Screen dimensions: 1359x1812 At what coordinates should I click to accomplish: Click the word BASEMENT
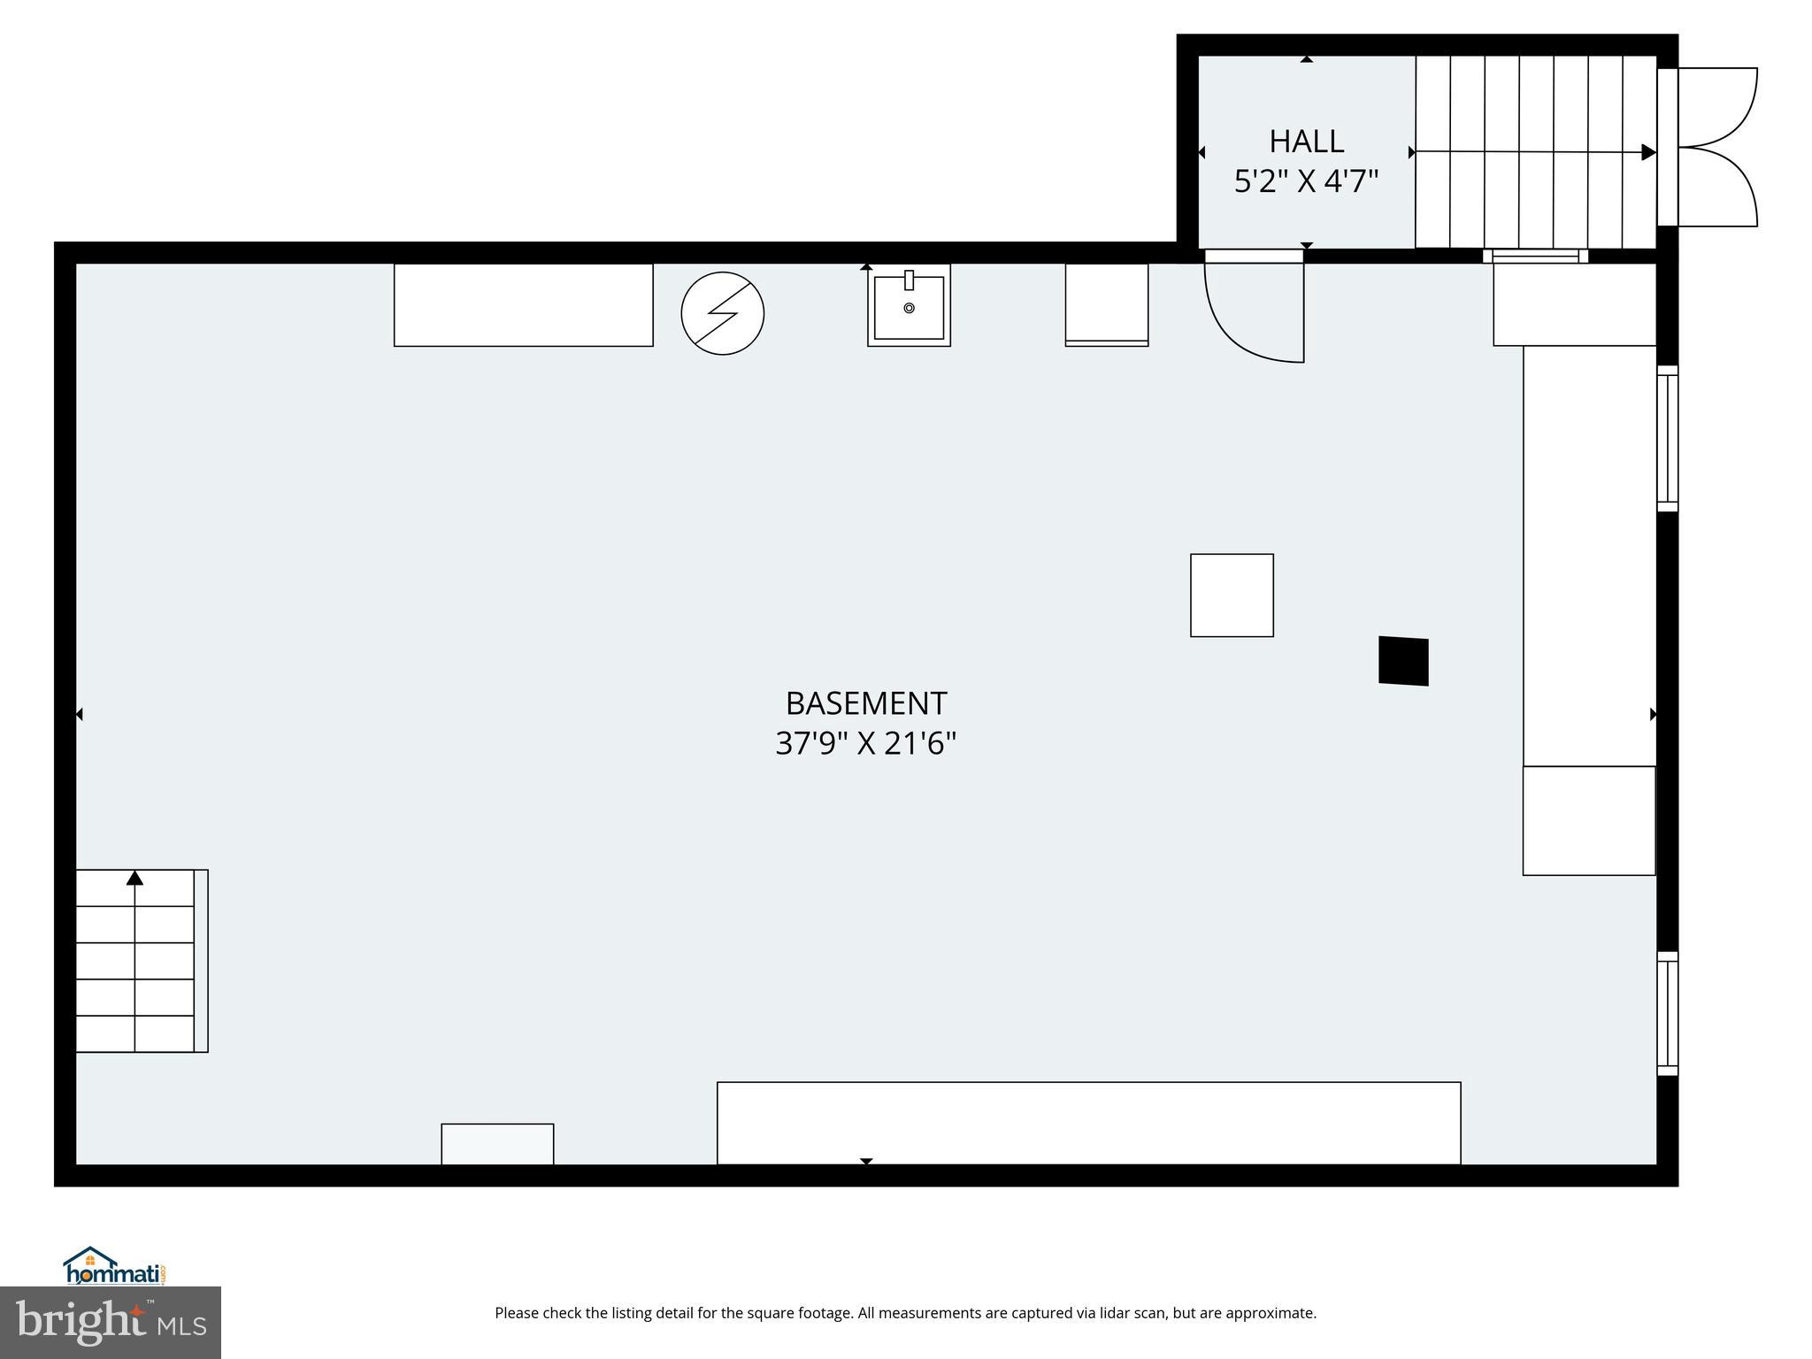click(865, 703)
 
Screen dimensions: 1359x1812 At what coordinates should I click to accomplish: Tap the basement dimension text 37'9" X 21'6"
click(865, 743)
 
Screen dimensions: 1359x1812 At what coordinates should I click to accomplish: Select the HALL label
click(1306, 142)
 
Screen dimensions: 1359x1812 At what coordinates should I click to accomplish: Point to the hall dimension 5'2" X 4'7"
click(1306, 182)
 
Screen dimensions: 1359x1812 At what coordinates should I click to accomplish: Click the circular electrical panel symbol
click(722, 313)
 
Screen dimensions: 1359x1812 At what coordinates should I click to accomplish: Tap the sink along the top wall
click(909, 306)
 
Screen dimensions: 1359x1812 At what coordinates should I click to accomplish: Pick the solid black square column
click(1403, 661)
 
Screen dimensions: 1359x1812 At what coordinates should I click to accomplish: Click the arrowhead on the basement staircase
click(134, 878)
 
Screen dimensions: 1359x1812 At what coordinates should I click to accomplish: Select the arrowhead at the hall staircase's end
click(1648, 152)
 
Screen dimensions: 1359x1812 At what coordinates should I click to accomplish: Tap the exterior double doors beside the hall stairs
click(1716, 147)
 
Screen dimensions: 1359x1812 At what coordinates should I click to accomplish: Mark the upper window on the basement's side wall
click(1667, 438)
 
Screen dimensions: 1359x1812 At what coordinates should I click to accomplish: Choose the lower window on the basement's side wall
click(1667, 1013)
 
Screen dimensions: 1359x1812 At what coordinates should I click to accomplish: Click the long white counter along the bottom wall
click(1088, 1123)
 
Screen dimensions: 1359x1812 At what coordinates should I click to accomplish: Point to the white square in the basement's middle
click(1232, 595)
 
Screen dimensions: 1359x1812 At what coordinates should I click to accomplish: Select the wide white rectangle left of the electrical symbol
click(523, 304)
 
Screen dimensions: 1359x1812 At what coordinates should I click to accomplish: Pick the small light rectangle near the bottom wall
click(497, 1144)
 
